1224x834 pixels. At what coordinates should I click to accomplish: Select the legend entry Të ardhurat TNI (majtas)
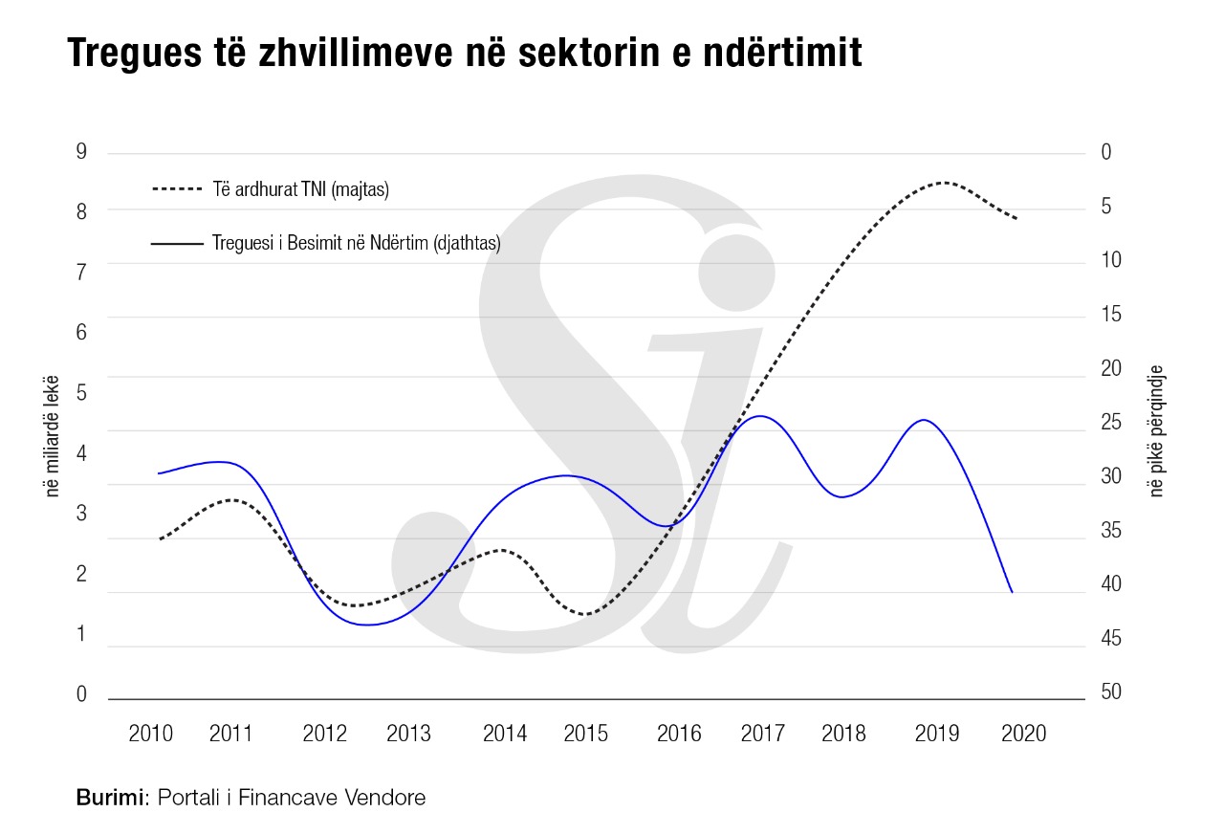coord(300,189)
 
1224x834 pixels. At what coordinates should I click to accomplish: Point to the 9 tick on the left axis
coord(81,152)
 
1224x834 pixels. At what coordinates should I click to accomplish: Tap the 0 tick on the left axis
coord(81,694)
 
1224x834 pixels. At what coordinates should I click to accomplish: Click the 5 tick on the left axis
coord(81,392)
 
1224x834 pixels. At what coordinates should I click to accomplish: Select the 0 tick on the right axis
coord(1105,152)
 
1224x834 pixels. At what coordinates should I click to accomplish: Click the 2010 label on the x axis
coord(150,735)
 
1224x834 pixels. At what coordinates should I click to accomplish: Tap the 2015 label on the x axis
coord(585,735)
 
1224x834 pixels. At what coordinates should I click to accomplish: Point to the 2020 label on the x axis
coord(1022,735)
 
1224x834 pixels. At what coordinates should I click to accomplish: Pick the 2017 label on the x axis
coord(762,735)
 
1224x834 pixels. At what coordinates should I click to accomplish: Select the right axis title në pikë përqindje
coord(1157,430)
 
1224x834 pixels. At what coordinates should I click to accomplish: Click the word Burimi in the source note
coord(109,797)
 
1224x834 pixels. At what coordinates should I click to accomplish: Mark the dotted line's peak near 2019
coord(944,182)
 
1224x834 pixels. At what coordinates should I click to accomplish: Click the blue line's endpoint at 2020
coord(1012,592)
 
